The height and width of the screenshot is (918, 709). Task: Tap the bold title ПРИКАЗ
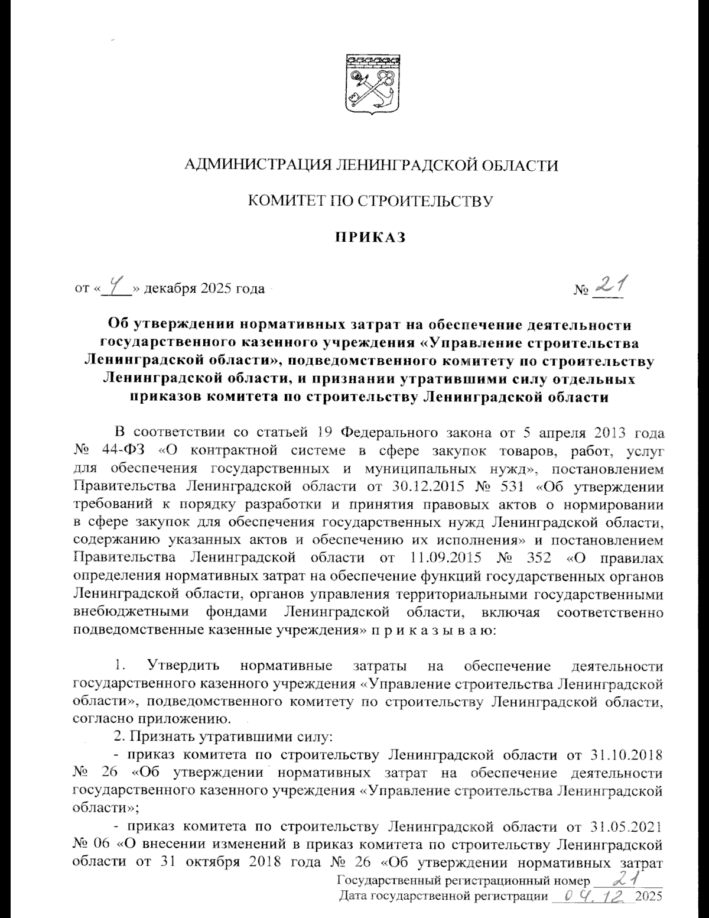tap(370, 238)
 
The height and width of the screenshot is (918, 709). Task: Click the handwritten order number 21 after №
tap(610, 286)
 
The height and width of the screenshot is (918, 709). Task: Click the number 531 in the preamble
tap(522, 486)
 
